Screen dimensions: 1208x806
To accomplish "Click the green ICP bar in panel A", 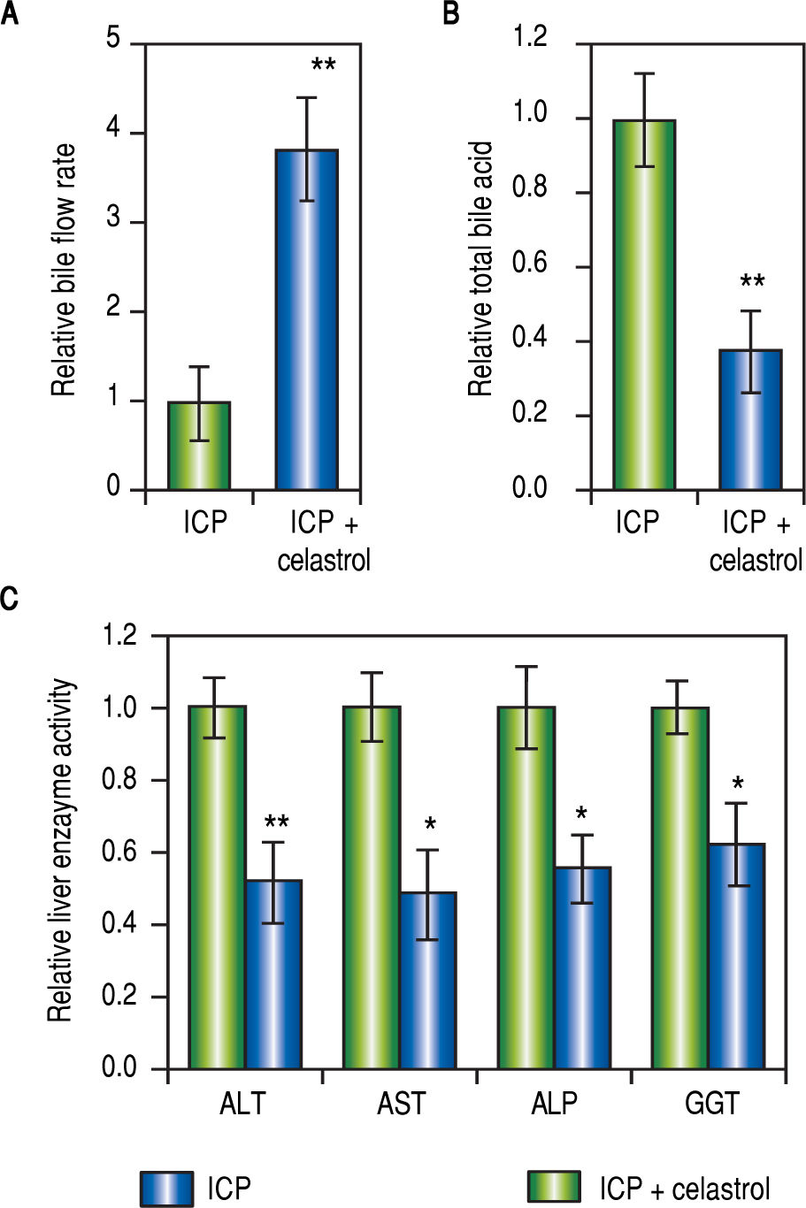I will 199,446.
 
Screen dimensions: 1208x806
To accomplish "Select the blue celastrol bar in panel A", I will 307,319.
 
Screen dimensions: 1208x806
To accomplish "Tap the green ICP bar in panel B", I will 644,304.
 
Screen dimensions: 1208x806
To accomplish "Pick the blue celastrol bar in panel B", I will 750,419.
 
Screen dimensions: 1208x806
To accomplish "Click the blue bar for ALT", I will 274,974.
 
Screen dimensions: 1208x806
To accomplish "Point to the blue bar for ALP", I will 582,967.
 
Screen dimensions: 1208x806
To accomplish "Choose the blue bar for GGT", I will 736,956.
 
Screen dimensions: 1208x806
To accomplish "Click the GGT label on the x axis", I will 712,1104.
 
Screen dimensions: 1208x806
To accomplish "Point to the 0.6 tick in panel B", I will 529,264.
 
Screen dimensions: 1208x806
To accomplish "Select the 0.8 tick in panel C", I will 119,781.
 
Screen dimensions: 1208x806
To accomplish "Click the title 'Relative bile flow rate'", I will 64,270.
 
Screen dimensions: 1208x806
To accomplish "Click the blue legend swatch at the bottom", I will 166,1189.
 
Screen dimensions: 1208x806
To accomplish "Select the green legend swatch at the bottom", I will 554,1189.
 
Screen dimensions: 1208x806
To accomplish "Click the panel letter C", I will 10,600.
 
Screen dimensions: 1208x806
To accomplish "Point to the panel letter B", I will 451,14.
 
